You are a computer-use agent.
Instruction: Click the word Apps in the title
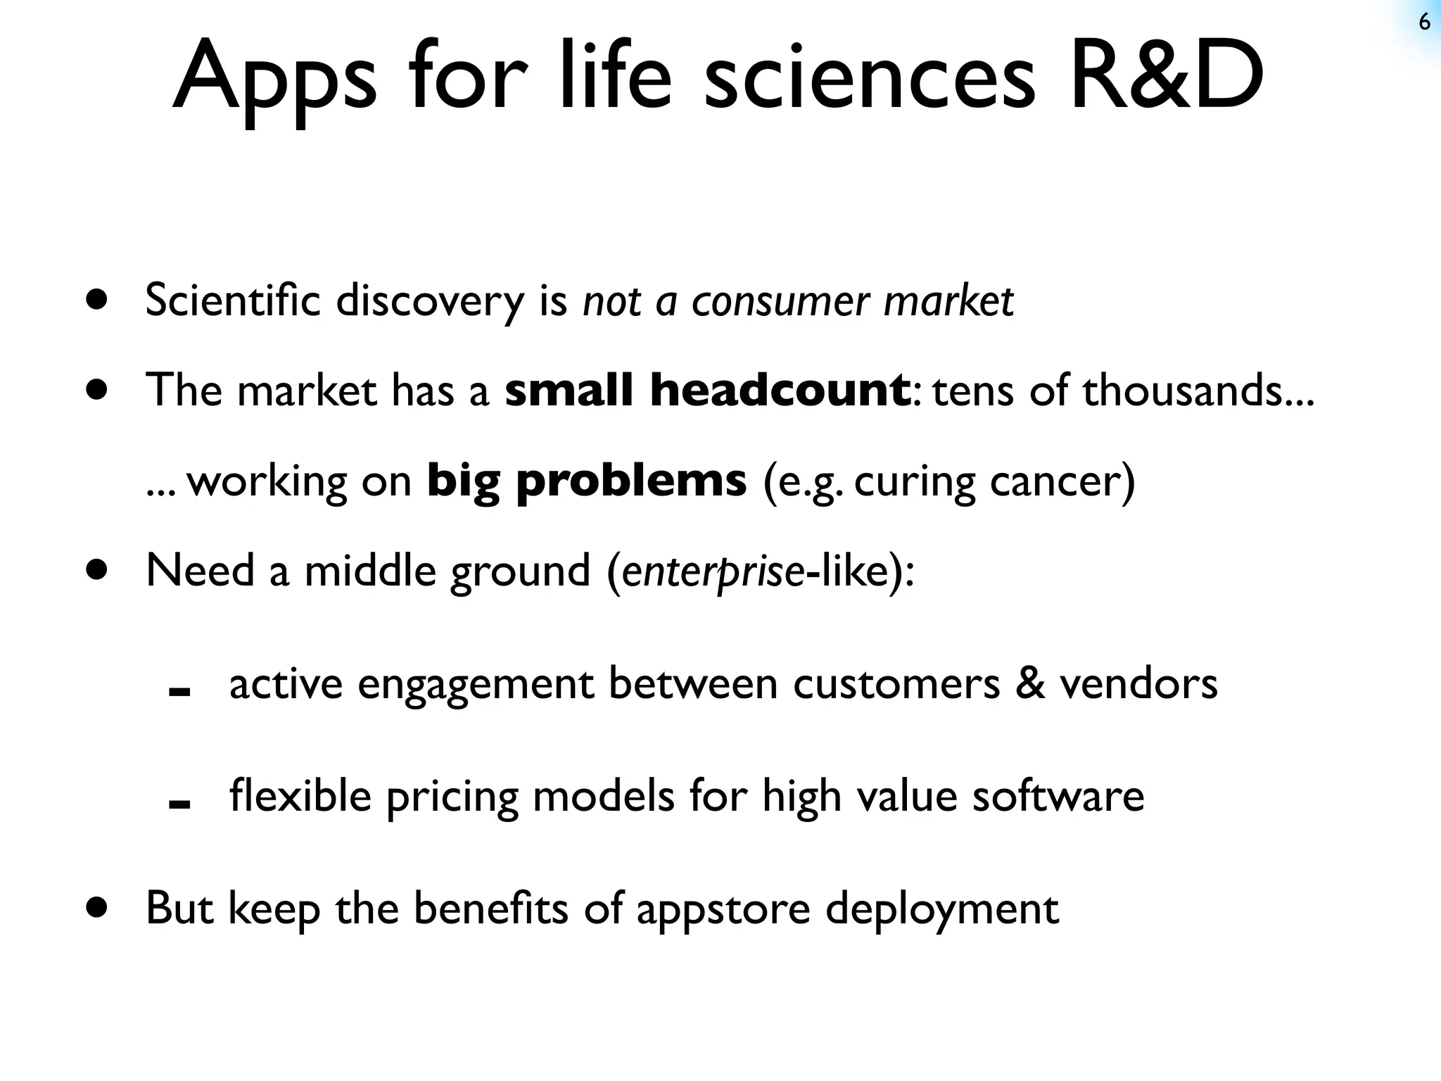click(x=274, y=77)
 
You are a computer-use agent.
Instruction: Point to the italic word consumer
click(x=780, y=301)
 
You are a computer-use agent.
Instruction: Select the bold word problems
click(x=631, y=481)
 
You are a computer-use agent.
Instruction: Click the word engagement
click(x=476, y=684)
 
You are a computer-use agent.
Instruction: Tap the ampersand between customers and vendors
click(x=1029, y=683)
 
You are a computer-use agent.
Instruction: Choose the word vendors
click(x=1138, y=683)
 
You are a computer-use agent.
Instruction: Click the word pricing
click(x=452, y=797)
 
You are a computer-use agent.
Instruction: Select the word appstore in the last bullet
click(x=723, y=909)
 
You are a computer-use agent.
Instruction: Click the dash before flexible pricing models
click(x=180, y=805)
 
